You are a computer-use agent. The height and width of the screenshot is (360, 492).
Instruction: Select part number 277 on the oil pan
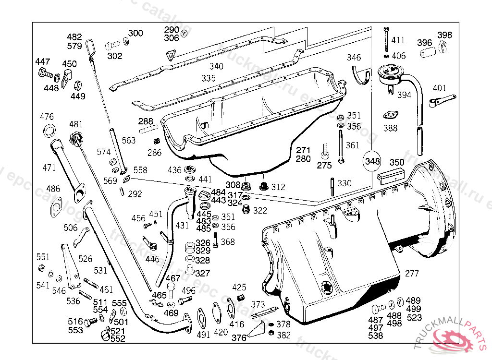click(412, 274)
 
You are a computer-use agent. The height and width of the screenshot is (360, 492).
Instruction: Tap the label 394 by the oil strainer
click(404, 95)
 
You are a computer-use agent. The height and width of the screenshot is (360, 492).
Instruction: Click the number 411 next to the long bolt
click(398, 40)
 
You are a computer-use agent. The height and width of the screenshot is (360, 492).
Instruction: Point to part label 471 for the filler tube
click(49, 168)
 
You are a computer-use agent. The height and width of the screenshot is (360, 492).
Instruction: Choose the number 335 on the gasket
click(208, 78)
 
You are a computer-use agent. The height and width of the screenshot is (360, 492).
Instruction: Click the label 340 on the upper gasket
click(216, 67)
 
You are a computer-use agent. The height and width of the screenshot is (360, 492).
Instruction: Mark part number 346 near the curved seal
click(354, 58)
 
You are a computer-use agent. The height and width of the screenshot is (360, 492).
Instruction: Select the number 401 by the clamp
click(440, 88)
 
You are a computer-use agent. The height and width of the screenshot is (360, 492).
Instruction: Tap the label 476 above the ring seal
click(47, 117)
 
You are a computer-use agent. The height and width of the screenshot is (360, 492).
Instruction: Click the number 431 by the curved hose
click(182, 225)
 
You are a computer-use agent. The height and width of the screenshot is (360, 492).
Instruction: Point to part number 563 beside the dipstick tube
click(128, 141)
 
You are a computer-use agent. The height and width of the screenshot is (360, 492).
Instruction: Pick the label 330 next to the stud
click(344, 183)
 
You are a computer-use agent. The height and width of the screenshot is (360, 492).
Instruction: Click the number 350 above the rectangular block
click(396, 163)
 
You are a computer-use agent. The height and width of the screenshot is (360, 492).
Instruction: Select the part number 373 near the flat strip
click(258, 304)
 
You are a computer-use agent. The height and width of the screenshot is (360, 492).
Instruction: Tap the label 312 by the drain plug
click(278, 187)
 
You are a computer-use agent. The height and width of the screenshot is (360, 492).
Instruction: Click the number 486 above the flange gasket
click(53, 189)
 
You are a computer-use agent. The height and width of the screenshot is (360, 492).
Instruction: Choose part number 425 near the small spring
click(239, 288)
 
